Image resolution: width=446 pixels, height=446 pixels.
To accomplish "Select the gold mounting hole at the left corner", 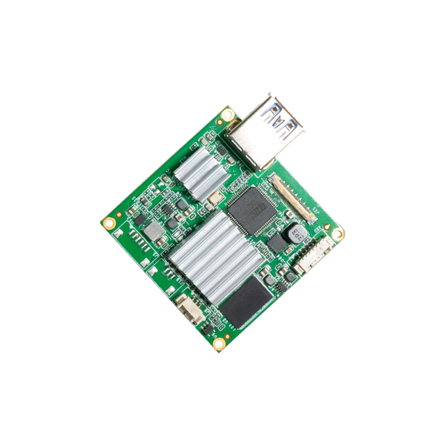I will [x=109, y=223].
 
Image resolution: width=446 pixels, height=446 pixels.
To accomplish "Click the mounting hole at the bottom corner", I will [x=219, y=343].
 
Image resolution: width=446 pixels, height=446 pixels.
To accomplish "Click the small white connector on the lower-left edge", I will [x=190, y=308].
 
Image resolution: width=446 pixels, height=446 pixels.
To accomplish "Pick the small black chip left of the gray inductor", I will [x=137, y=219].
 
